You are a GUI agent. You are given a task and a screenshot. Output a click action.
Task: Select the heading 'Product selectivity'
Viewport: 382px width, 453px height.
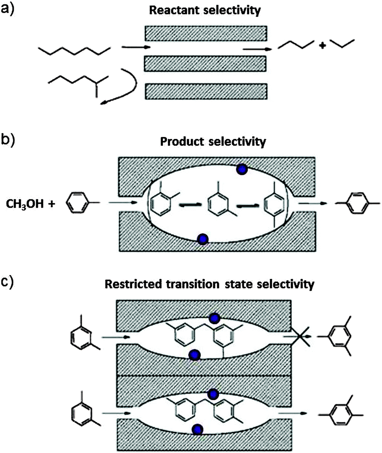(x=213, y=141)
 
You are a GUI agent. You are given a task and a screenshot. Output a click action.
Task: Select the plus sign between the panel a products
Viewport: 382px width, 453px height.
(x=322, y=46)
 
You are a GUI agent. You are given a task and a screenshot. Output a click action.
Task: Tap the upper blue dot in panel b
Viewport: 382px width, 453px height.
(x=241, y=169)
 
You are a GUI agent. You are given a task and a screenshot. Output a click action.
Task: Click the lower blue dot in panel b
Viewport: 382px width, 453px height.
(x=202, y=239)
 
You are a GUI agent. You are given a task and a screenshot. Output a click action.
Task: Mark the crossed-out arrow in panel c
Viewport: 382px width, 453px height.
(x=300, y=337)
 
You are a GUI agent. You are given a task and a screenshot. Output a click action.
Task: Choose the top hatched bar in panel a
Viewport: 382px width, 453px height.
(x=206, y=33)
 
